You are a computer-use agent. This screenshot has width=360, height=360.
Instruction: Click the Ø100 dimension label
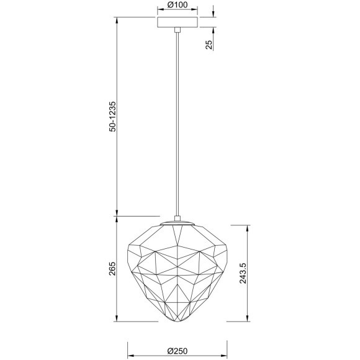(178, 6)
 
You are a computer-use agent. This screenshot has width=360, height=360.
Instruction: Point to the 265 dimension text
(112, 269)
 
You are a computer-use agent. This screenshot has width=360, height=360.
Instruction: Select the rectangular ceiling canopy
(178, 22)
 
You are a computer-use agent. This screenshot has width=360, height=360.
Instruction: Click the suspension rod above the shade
(178, 124)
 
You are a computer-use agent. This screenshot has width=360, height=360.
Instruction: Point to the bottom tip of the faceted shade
(178, 324)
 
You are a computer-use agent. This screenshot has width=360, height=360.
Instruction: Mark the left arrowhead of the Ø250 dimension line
(129, 342)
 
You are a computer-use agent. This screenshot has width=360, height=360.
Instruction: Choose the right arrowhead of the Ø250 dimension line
(227, 342)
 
